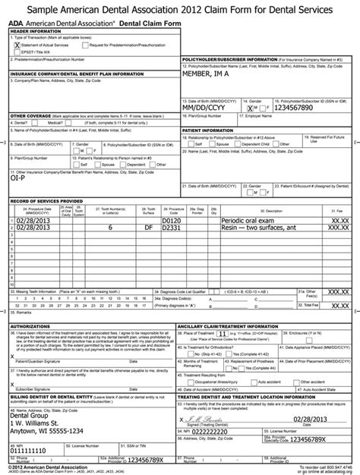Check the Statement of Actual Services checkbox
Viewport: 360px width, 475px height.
click(18, 46)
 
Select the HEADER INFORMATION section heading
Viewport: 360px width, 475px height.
click(36, 32)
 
